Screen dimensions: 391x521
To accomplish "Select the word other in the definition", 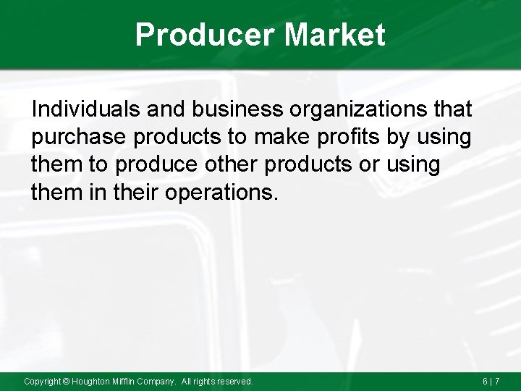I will click(229, 164).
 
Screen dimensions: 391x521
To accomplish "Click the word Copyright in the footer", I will click(41, 381).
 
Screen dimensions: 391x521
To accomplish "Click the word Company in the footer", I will click(156, 381).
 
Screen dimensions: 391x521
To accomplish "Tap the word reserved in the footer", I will click(235, 381).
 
